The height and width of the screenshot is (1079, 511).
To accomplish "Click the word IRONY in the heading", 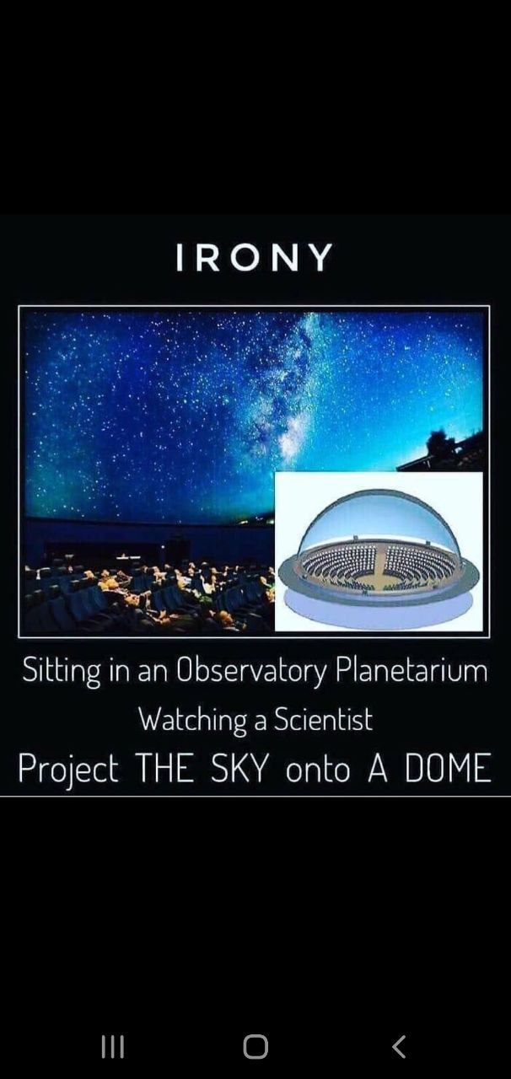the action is point(254,257).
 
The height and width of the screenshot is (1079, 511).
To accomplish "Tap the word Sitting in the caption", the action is point(62,671).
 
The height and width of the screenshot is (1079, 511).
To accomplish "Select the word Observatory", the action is point(251,671).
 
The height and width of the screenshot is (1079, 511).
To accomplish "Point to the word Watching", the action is point(193,720).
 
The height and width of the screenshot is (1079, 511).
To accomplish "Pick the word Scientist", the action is point(324,719).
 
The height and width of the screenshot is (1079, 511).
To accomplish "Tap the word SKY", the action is point(239,768).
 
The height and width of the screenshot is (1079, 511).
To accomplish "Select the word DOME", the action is point(448,768).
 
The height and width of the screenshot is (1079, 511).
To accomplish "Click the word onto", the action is point(318,770).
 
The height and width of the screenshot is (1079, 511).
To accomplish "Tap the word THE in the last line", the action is point(165,768).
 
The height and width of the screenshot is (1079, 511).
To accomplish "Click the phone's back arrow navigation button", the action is point(399,1047).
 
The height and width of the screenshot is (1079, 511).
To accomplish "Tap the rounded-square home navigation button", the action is point(255,1047).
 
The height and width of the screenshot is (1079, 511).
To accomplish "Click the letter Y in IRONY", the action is point(320,257).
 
